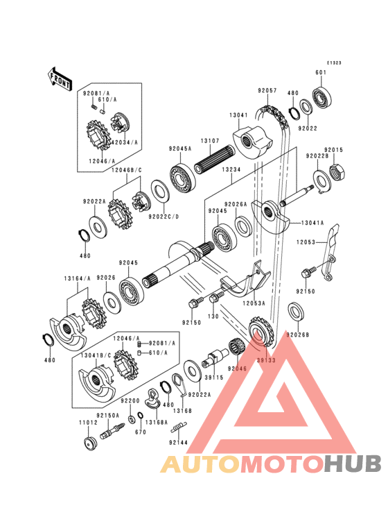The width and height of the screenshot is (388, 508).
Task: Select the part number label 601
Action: pos(321,73)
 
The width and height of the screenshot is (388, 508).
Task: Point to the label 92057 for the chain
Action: pos(267,91)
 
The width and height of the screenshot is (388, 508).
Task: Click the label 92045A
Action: pos(179,148)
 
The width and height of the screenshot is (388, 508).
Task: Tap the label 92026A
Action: pos(236,204)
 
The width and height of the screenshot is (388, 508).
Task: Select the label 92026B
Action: pos(300,335)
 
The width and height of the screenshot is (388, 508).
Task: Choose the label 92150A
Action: pos(108,415)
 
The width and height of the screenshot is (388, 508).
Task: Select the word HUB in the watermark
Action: pos(351,464)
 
